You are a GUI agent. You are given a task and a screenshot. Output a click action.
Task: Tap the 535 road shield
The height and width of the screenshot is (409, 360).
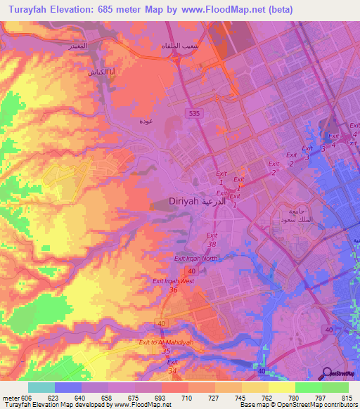(x=191, y=112)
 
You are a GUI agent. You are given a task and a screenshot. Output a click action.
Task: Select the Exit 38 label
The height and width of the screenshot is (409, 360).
(x=212, y=240)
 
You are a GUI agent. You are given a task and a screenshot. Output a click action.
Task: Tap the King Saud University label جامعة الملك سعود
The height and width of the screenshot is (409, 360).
(x=291, y=216)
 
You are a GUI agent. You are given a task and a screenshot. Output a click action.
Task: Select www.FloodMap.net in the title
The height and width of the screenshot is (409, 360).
(x=221, y=9)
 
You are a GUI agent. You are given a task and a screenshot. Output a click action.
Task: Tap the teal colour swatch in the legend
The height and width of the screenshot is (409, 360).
(x=41, y=387)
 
